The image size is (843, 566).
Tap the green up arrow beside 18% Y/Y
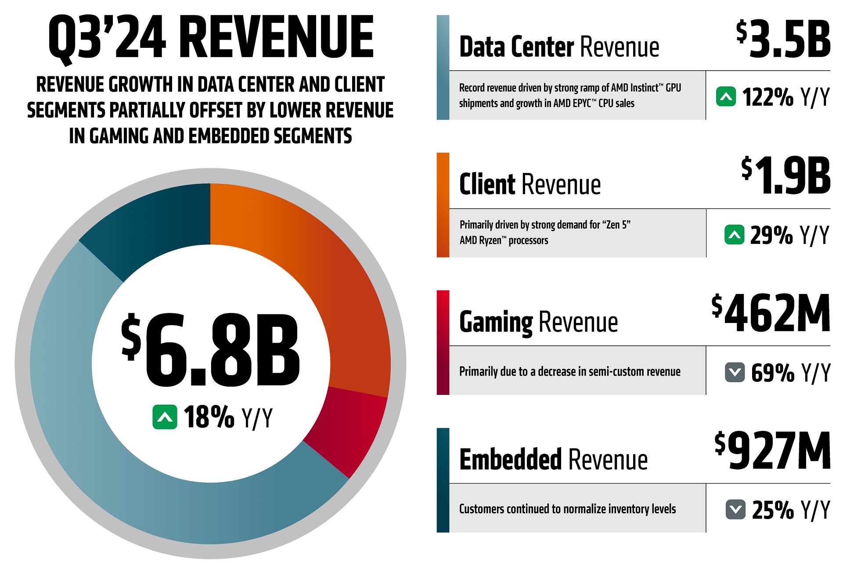coord(165,417)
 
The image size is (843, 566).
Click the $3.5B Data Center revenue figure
coord(783,39)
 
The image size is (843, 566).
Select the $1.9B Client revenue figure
coord(786,176)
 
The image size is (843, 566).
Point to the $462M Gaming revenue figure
coord(771,313)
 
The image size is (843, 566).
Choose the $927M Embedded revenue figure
coord(773,451)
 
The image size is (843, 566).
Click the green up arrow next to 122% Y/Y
coord(726,97)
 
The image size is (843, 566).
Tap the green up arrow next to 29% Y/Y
coord(734,234)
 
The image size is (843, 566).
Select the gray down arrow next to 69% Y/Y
coord(735,372)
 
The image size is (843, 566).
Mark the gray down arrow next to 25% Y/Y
coord(735,509)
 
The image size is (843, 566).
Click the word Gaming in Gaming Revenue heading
coord(496,322)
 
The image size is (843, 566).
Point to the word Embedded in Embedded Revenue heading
coord(510,459)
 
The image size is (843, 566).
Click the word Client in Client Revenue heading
coord(486,184)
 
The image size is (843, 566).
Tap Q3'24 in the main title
coord(107,37)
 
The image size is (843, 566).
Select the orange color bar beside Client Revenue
coord(443,205)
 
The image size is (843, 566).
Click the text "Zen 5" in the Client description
coord(616,225)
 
